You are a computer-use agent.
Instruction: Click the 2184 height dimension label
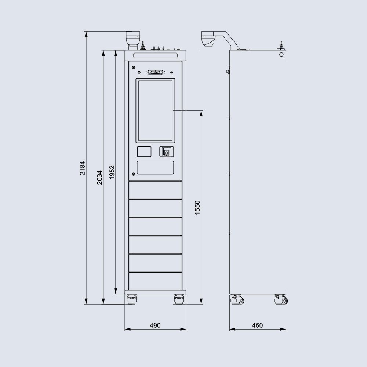[x=82, y=168]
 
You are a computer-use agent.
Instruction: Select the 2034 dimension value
[x=100, y=177]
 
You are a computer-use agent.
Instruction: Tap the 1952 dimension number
[x=112, y=172]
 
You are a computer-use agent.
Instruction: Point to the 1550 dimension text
[x=197, y=208]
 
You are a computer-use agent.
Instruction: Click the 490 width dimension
[x=155, y=325]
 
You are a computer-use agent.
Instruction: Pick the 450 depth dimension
[x=258, y=325]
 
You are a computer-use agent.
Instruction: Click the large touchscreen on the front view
[x=155, y=110]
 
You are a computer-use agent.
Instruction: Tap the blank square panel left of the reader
[x=144, y=152]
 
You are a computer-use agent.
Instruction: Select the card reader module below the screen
[x=167, y=152]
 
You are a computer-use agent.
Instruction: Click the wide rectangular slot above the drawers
[x=155, y=168]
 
